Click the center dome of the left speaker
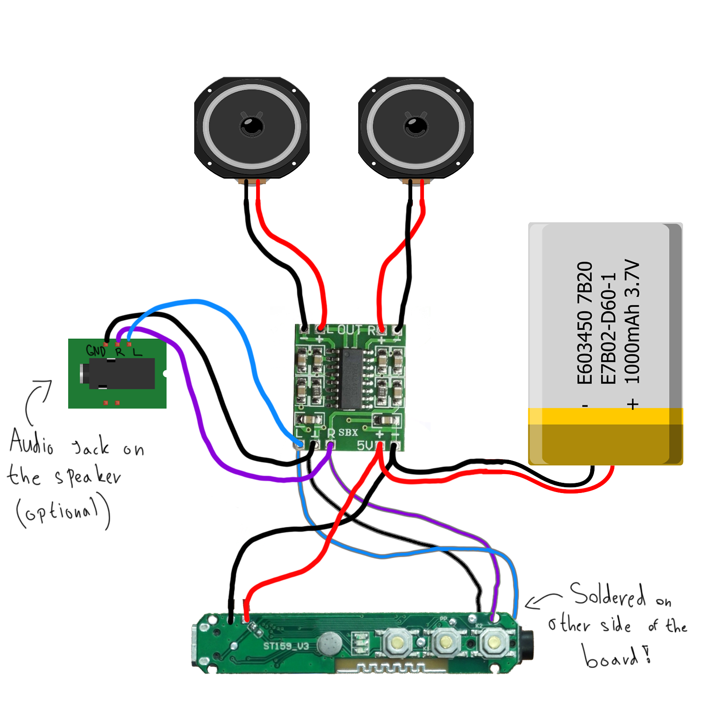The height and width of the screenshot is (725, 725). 252,127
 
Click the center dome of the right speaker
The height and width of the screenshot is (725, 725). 416,127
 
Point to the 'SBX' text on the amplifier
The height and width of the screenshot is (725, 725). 348,433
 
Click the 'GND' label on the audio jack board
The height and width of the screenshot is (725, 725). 95,350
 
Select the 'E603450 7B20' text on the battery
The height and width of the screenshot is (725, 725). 585,322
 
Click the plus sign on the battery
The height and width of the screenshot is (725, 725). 633,404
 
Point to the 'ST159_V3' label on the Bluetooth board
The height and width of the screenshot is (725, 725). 286,646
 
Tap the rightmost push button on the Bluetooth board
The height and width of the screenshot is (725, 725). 493,642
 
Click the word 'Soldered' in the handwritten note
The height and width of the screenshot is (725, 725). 608,595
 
